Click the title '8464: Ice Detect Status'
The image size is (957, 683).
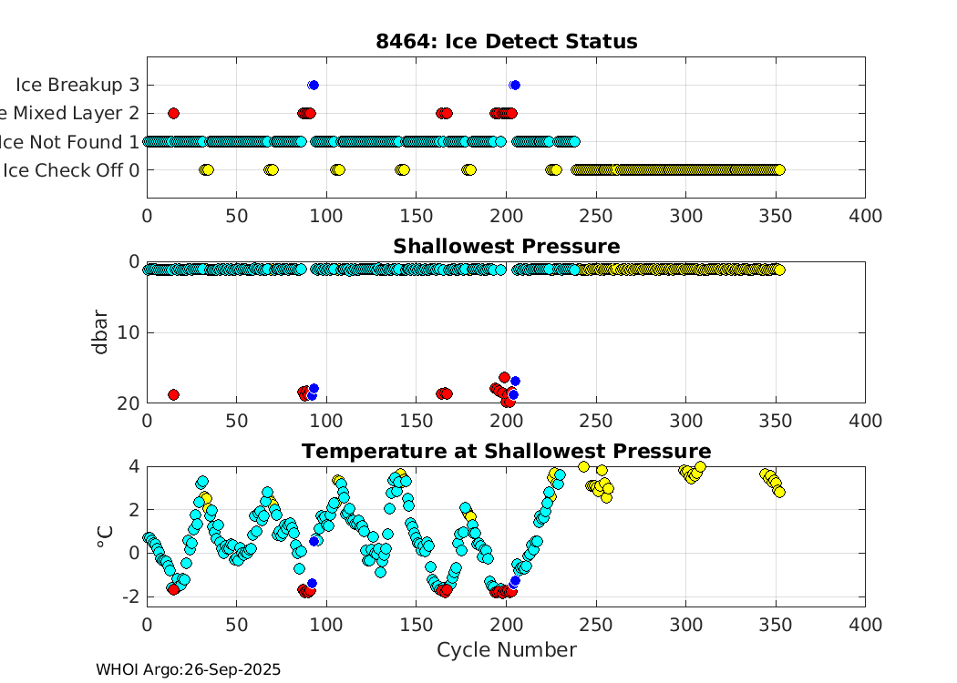[506, 42]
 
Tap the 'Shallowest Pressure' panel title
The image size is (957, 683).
[506, 247]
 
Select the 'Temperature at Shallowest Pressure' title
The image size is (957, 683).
[506, 452]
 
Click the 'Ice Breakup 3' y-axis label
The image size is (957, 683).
[77, 85]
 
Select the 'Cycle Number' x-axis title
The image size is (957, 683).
[506, 649]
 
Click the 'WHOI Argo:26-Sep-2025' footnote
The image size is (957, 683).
[188, 669]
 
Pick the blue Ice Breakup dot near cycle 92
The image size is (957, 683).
[314, 85]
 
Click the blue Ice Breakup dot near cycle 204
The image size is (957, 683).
[515, 85]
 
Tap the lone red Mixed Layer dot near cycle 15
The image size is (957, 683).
[173, 113]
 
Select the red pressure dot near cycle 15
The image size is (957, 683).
[173, 394]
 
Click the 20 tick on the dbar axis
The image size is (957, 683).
[128, 403]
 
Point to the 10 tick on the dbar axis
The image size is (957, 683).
[128, 332]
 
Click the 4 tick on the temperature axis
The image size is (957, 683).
[133, 466]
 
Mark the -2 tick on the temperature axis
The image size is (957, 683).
[129, 596]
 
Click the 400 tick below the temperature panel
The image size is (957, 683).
[864, 625]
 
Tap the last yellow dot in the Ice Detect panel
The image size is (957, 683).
[779, 169]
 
